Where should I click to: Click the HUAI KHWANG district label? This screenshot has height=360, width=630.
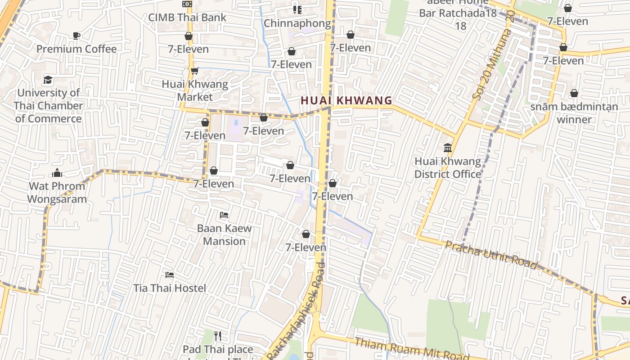click(x=346, y=100)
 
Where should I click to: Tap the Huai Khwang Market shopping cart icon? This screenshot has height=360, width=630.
click(x=194, y=71)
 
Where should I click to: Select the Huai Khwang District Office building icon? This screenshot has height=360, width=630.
click(x=448, y=148)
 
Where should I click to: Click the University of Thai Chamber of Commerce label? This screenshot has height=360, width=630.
click(x=48, y=106)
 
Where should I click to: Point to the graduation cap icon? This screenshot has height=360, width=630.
click(x=48, y=80)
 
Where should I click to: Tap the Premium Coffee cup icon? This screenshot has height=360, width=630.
click(x=76, y=36)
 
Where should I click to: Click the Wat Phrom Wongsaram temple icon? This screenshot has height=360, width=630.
click(x=57, y=173)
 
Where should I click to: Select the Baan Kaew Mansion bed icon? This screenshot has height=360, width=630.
click(x=224, y=215)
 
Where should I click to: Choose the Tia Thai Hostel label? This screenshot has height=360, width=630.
click(x=170, y=288)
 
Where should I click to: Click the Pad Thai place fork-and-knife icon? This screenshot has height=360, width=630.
click(x=218, y=336)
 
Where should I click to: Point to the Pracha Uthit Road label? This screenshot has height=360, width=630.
click(x=491, y=255)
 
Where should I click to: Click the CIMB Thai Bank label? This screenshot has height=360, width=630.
click(x=188, y=18)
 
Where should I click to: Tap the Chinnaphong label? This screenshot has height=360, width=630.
click(x=297, y=23)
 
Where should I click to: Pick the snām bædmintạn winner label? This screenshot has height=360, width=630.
click(x=574, y=113)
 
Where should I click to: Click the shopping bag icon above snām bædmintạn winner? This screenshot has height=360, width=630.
click(x=574, y=93)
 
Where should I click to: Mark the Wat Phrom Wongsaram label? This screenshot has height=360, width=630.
click(x=57, y=192)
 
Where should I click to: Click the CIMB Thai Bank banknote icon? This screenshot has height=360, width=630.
click(x=187, y=4)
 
